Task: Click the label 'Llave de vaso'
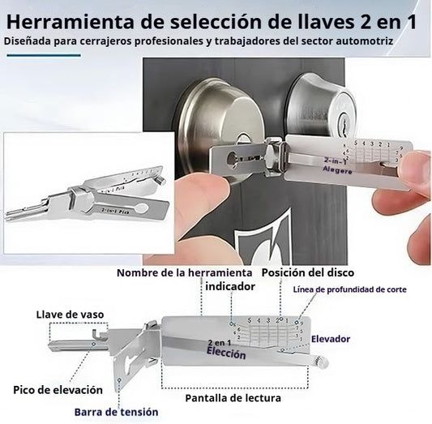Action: [70, 315]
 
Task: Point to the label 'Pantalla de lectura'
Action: [233, 398]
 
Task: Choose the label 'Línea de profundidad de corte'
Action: [349, 289]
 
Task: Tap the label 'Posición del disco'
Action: [308, 272]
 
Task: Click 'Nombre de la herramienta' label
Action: [184, 272]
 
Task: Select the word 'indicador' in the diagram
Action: [230, 286]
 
